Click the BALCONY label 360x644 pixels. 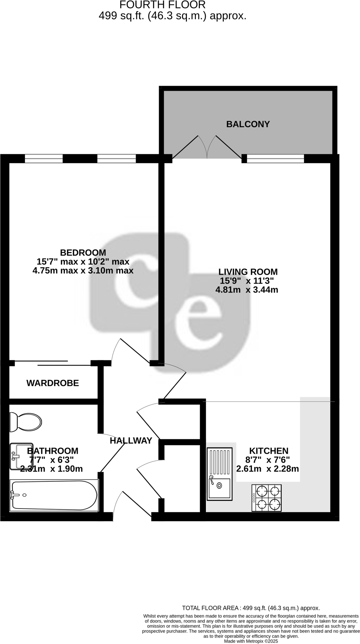248,124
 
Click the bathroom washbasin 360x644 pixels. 19,457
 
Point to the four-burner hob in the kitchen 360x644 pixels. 267,498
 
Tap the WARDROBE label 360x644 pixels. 52,383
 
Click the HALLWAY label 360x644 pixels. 131,441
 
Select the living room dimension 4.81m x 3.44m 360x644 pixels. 247,290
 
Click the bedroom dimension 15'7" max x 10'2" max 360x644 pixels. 83,261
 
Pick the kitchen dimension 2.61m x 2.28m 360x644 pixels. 267,469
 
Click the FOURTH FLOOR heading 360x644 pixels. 162,5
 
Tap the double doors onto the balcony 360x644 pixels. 207,147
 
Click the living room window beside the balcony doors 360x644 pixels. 275,158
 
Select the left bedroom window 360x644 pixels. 44,158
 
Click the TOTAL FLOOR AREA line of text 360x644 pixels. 250,608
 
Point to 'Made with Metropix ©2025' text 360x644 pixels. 250,641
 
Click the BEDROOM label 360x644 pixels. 83,252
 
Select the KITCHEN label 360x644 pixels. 268,451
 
